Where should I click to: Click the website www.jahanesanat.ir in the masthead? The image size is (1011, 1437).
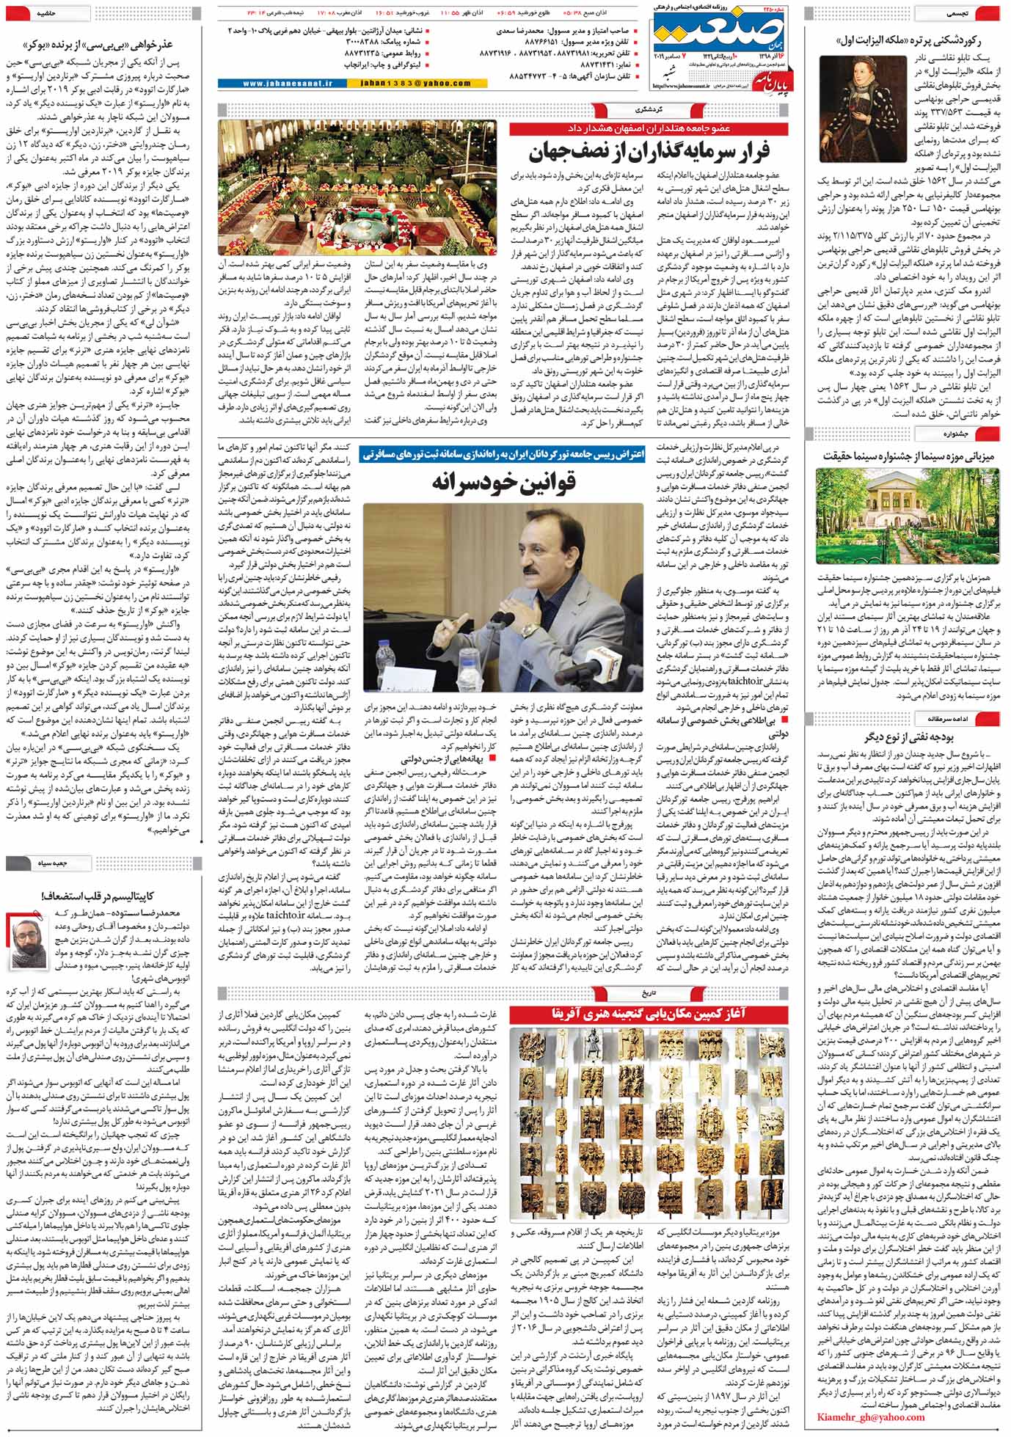(271, 84)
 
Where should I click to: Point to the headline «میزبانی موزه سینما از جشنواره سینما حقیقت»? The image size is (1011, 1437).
(908, 455)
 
